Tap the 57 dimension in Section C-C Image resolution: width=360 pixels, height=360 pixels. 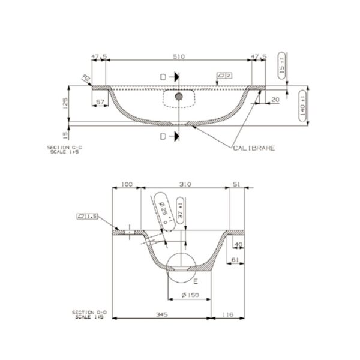coord(101,102)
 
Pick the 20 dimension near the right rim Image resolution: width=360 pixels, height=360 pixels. coord(275,100)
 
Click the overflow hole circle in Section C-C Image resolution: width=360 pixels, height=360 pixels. coord(178,96)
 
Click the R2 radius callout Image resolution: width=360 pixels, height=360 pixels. coord(86,77)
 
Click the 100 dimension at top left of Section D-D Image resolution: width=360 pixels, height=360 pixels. coord(127,185)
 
